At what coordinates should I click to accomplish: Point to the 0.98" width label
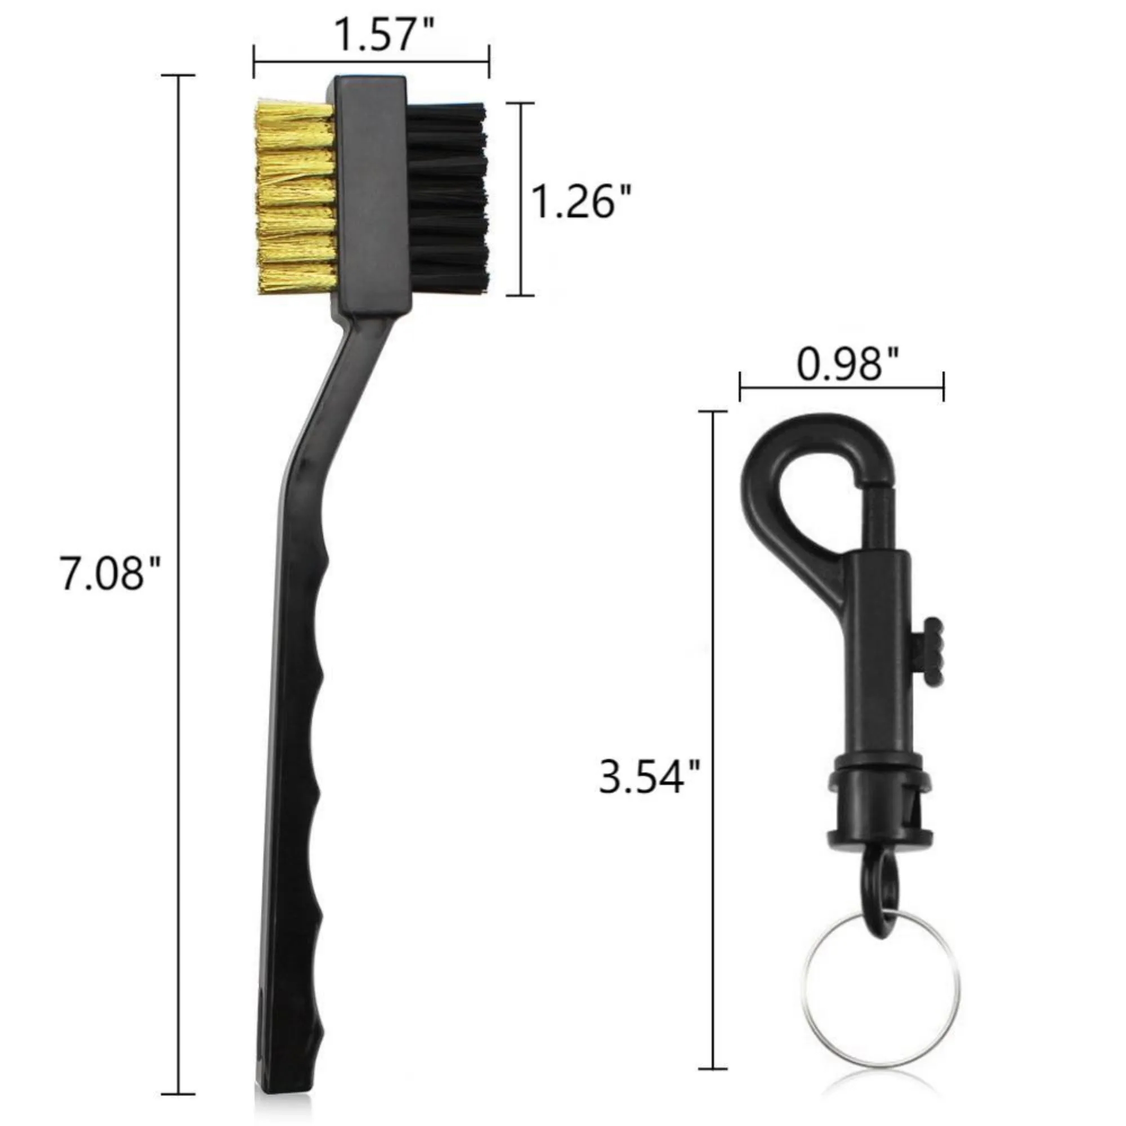[x=847, y=365]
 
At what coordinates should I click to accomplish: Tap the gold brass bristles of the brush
[x=296, y=198]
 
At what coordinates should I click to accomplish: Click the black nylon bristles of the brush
[x=448, y=198]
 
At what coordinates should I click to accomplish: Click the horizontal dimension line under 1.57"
[x=371, y=61]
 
